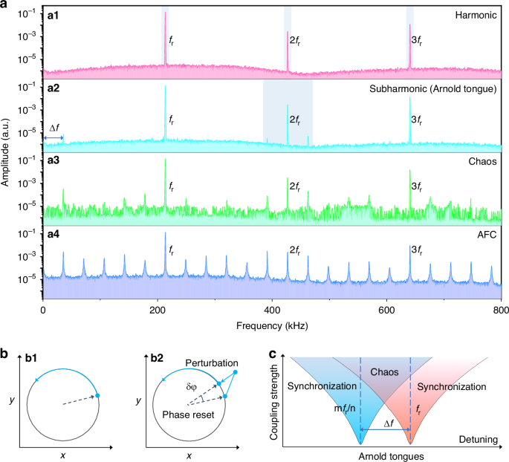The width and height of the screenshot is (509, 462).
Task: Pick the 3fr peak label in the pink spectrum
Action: [416, 41]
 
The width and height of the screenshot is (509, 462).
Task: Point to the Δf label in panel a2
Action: [53, 128]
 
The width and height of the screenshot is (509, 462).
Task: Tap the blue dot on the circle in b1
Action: [98, 396]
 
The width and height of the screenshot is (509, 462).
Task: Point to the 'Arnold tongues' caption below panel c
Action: [386, 455]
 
